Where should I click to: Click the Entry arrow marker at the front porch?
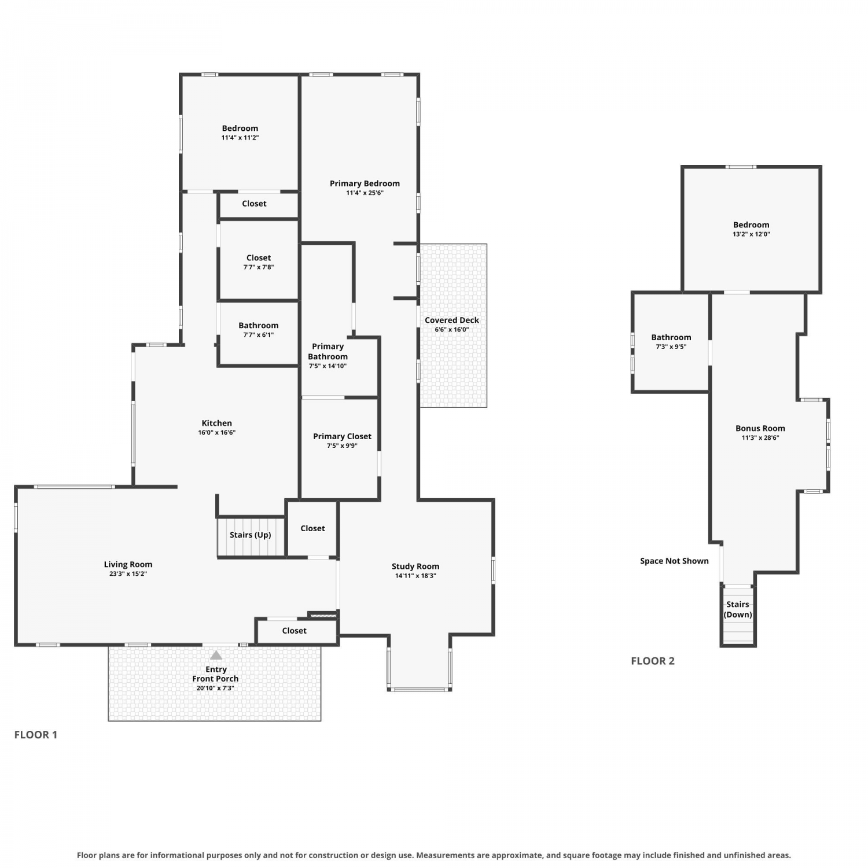pyautogui.click(x=216, y=655)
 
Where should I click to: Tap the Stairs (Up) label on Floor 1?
pyautogui.click(x=250, y=535)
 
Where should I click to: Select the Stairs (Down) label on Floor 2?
pyautogui.click(x=738, y=609)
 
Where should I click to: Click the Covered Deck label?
pyautogui.click(x=452, y=320)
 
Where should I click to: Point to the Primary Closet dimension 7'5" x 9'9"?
pyautogui.click(x=342, y=446)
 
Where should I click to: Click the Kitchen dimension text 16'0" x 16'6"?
pyautogui.click(x=217, y=432)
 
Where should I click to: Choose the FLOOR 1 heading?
pyautogui.click(x=36, y=735)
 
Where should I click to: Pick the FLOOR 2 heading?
pyautogui.click(x=653, y=661)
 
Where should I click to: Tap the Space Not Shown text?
pyautogui.click(x=674, y=561)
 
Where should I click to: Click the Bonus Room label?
pyautogui.click(x=760, y=428)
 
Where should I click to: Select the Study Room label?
pyautogui.click(x=415, y=567)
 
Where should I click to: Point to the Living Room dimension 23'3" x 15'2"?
pyautogui.click(x=128, y=574)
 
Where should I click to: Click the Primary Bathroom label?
pyautogui.click(x=328, y=351)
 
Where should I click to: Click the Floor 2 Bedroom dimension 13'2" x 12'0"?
pyautogui.click(x=751, y=234)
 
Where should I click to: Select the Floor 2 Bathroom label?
pyautogui.click(x=671, y=337)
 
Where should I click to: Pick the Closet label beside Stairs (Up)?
pyautogui.click(x=312, y=528)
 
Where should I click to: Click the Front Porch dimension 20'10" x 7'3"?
pyautogui.click(x=215, y=688)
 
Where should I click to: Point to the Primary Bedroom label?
pyautogui.click(x=365, y=183)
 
